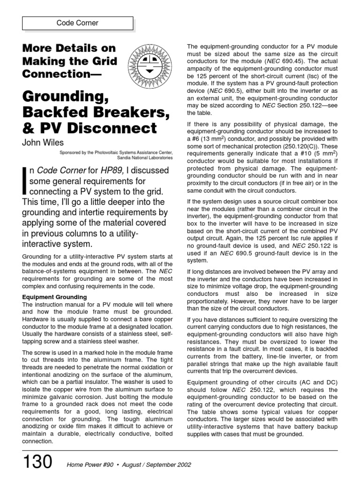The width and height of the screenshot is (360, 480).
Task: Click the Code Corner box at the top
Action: click(78, 23)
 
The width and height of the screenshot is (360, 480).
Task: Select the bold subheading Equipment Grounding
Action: click(54, 297)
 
